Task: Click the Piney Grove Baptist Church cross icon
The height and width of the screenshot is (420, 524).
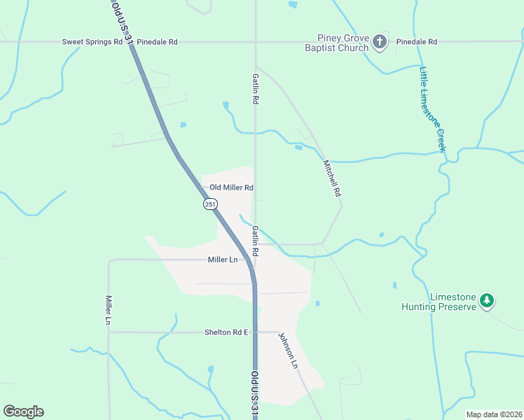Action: [x=379, y=42]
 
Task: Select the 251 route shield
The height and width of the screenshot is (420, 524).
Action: [x=210, y=204]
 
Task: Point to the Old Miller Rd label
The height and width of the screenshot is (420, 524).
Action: [x=231, y=188]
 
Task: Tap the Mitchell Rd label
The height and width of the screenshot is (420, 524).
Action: [x=331, y=178]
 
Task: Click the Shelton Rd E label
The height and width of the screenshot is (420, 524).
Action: [x=226, y=332]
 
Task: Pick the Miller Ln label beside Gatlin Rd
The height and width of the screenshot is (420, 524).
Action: [x=223, y=260]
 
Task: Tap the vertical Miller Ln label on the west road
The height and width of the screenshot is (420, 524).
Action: [x=109, y=309]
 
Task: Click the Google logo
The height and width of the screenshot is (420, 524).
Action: [x=23, y=412]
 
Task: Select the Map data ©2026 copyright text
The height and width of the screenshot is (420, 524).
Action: [x=493, y=414]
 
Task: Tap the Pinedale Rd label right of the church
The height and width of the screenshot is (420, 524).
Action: [x=416, y=42]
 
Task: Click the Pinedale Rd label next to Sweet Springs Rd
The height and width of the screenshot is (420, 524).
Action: [x=157, y=42]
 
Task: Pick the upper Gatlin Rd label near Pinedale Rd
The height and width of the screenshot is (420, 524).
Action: [x=256, y=87]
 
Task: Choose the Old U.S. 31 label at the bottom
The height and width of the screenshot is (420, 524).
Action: [x=254, y=395]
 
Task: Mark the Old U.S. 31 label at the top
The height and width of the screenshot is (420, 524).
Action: [x=122, y=22]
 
